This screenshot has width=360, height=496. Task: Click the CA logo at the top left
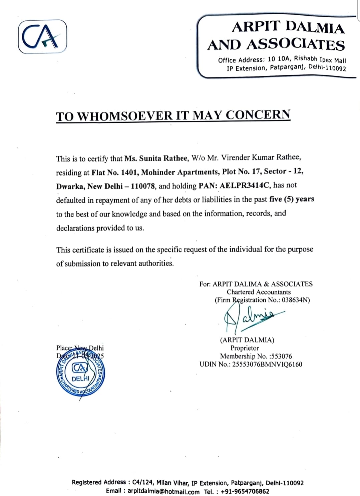click(x=42, y=37)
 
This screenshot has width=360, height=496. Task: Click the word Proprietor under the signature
click(x=245, y=348)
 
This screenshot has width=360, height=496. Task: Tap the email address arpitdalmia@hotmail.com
click(x=163, y=491)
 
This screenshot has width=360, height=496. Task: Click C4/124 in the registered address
click(x=142, y=482)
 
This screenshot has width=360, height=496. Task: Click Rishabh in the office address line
click(x=305, y=59)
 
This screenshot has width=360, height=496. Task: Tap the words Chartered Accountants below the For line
click(x=259, y=292)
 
